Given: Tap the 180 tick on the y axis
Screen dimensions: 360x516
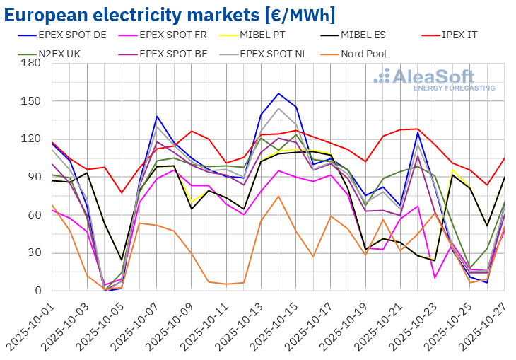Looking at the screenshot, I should [31, 63].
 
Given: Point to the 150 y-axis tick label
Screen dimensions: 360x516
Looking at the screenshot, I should [31, 101].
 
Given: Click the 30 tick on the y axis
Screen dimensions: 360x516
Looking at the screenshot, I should [34, 252].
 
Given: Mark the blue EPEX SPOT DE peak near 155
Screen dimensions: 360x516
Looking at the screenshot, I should [278, 93].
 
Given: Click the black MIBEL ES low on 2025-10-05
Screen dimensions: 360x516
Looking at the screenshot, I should [122, 260].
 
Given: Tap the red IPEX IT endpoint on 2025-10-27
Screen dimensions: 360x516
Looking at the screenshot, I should [504, 158].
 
